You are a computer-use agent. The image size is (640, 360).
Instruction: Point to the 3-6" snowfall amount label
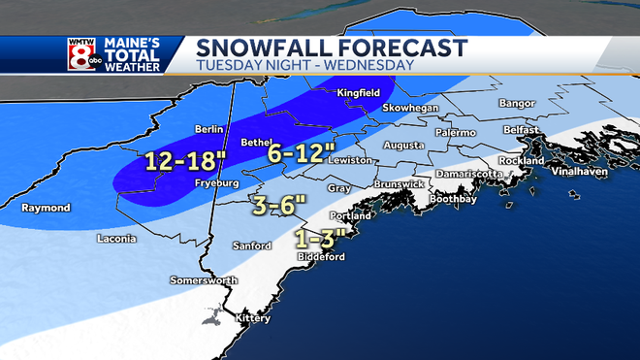point(278,204)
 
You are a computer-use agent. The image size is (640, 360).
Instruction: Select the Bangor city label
point(515,101)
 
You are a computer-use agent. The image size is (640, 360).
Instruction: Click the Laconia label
point(118,238)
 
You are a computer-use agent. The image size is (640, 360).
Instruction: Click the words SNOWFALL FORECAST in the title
point(331,47)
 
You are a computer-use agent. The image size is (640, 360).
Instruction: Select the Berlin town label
point(209,128)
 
